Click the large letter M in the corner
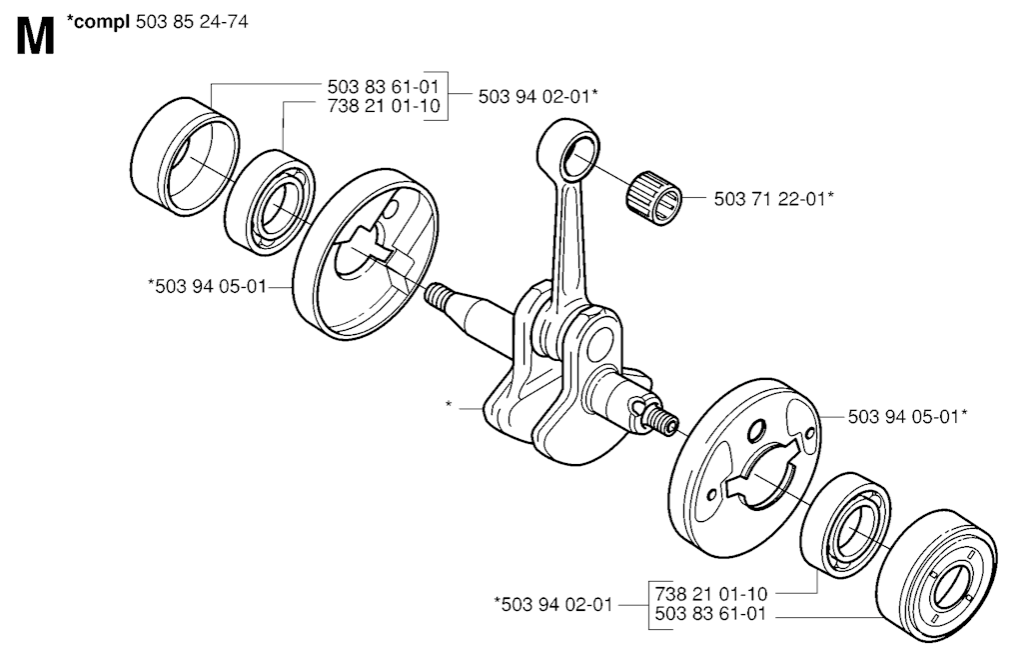[x=35, y=37]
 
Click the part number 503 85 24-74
[x=192, y=22]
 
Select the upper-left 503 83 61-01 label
[x=384, y=86]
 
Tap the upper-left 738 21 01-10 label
[x=384, y=106]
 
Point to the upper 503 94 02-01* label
[x=538, y=97]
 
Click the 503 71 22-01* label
[x=774, y=199]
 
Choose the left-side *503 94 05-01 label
[x=208, y=286]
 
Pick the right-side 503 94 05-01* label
[x=907, y=417]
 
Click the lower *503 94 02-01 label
[x=553, y=605]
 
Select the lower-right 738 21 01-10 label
[x=711, y=594]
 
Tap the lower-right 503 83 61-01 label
[x=711, y=614]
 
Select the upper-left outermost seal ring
[x=185, y=156]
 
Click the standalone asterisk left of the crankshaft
[x=449, y=405]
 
